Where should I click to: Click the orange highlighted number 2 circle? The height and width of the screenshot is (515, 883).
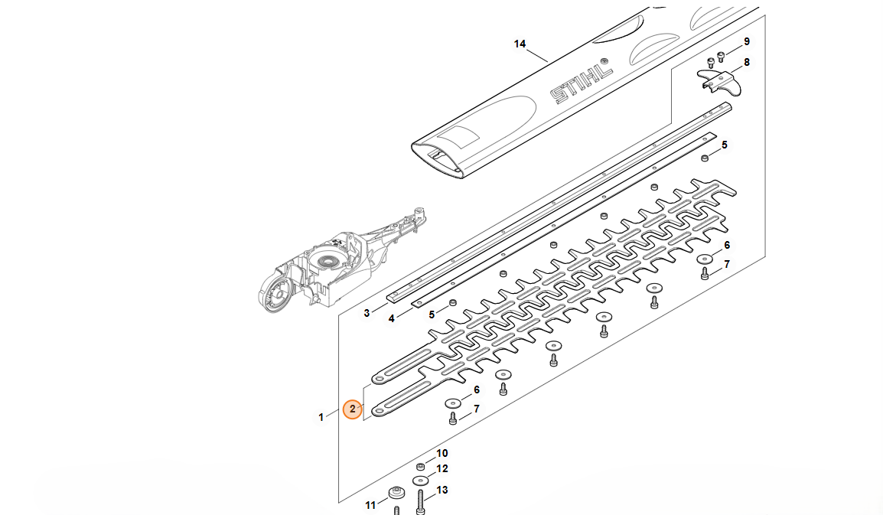(353, 409)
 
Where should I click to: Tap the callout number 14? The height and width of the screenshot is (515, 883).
(520, 44)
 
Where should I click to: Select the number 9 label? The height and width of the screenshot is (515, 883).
(747, 41)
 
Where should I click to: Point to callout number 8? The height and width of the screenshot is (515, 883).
(747, 62)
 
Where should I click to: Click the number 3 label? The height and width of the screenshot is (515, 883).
(367, 313)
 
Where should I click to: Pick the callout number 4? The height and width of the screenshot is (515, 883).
(391, 319)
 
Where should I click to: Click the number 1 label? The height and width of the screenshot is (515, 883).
(321, 418)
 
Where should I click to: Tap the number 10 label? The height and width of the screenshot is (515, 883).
(442, 453)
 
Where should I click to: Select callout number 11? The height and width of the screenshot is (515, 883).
(370, 505)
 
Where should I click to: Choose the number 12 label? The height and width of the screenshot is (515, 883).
(442, 469)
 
